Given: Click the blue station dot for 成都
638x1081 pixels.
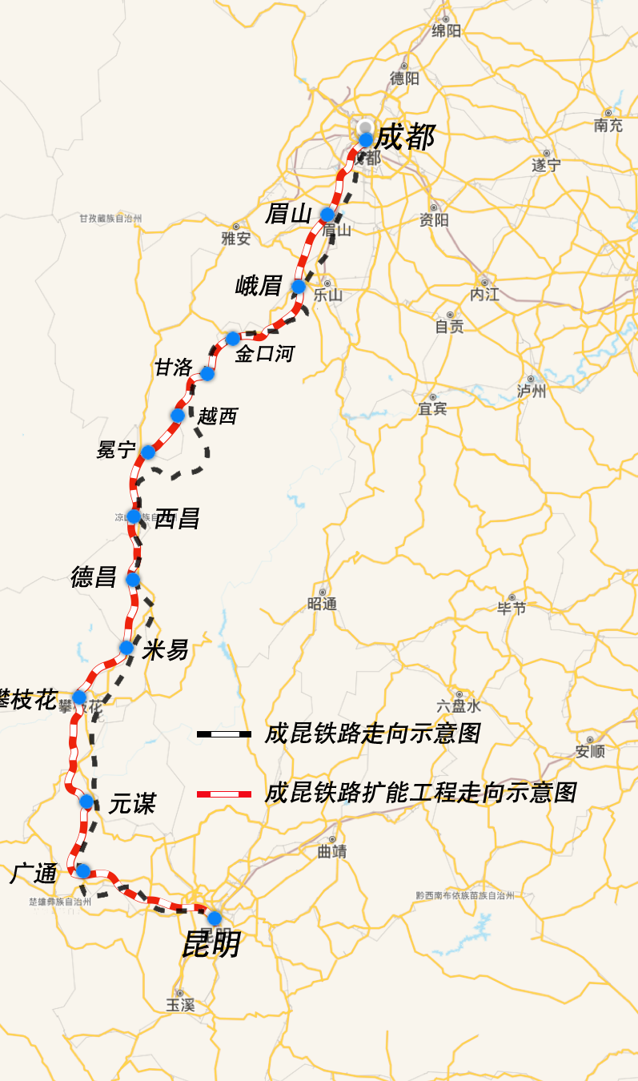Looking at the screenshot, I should pos(366,139).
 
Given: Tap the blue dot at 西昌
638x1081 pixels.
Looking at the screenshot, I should pos(134,516).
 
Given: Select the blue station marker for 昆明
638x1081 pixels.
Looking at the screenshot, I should pos(215,918).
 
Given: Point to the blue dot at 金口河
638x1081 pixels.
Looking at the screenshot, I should pos(232,339).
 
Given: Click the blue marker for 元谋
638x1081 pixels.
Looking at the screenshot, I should pos(86,802).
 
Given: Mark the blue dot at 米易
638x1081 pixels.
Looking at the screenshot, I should pos(126,647).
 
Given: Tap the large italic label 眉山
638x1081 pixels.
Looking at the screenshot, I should pos(287,214).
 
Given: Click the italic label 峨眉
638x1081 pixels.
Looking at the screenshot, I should pos(259,286).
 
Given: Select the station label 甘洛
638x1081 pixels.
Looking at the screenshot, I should pos(174,368).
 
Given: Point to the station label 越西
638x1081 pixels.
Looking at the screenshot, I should pos(218,416).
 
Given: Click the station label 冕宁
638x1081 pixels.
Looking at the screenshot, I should pos(117,450).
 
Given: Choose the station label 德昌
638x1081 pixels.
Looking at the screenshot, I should pos(94,577).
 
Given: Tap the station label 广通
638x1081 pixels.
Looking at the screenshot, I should pos(34,874).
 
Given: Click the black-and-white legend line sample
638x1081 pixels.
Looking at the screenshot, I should pos(224,733).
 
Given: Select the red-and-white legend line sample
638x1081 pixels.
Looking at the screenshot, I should pos(224,794).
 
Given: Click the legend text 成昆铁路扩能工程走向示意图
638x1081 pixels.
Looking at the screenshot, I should pos(420,794).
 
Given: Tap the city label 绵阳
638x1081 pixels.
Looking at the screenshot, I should pos(447,31).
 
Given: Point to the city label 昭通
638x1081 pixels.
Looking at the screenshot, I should pos(322,604).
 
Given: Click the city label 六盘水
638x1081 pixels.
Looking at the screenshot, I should pos(459,706).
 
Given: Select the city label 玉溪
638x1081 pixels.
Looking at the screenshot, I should pos(180,1005).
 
